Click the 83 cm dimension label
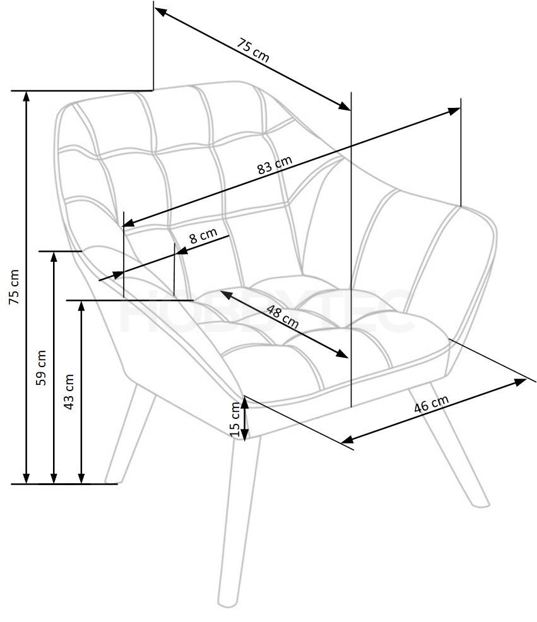(x=274, y=165)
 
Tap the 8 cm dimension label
(x=203, y=236)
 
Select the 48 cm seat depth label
(x=282, y=317)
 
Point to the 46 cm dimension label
(x=431, y=404)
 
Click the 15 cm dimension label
(x=235, y=419)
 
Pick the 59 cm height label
(x=41, y=367)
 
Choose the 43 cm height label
(x=69, y=392)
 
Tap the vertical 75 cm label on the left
(x=14, y=287)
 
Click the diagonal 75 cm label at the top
(x=253, y=50)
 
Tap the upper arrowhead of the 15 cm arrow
(x=245, y=402)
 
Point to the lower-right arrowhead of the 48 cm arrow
(x=342, y=354)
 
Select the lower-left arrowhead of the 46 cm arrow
(x=347, y=439)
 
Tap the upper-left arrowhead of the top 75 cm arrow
(x=160, y=11)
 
